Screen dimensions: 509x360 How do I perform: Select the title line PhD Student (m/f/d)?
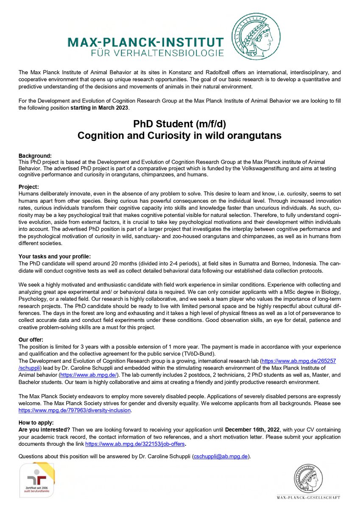pos(180,124)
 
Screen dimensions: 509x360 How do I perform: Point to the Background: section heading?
pos(35,156)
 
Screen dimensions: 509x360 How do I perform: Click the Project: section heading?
pos(29,187)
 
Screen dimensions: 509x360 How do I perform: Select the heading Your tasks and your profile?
pos(55,256)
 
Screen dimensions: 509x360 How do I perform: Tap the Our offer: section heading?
pos(31,340)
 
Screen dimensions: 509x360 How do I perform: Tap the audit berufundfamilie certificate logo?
pos(37,481)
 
